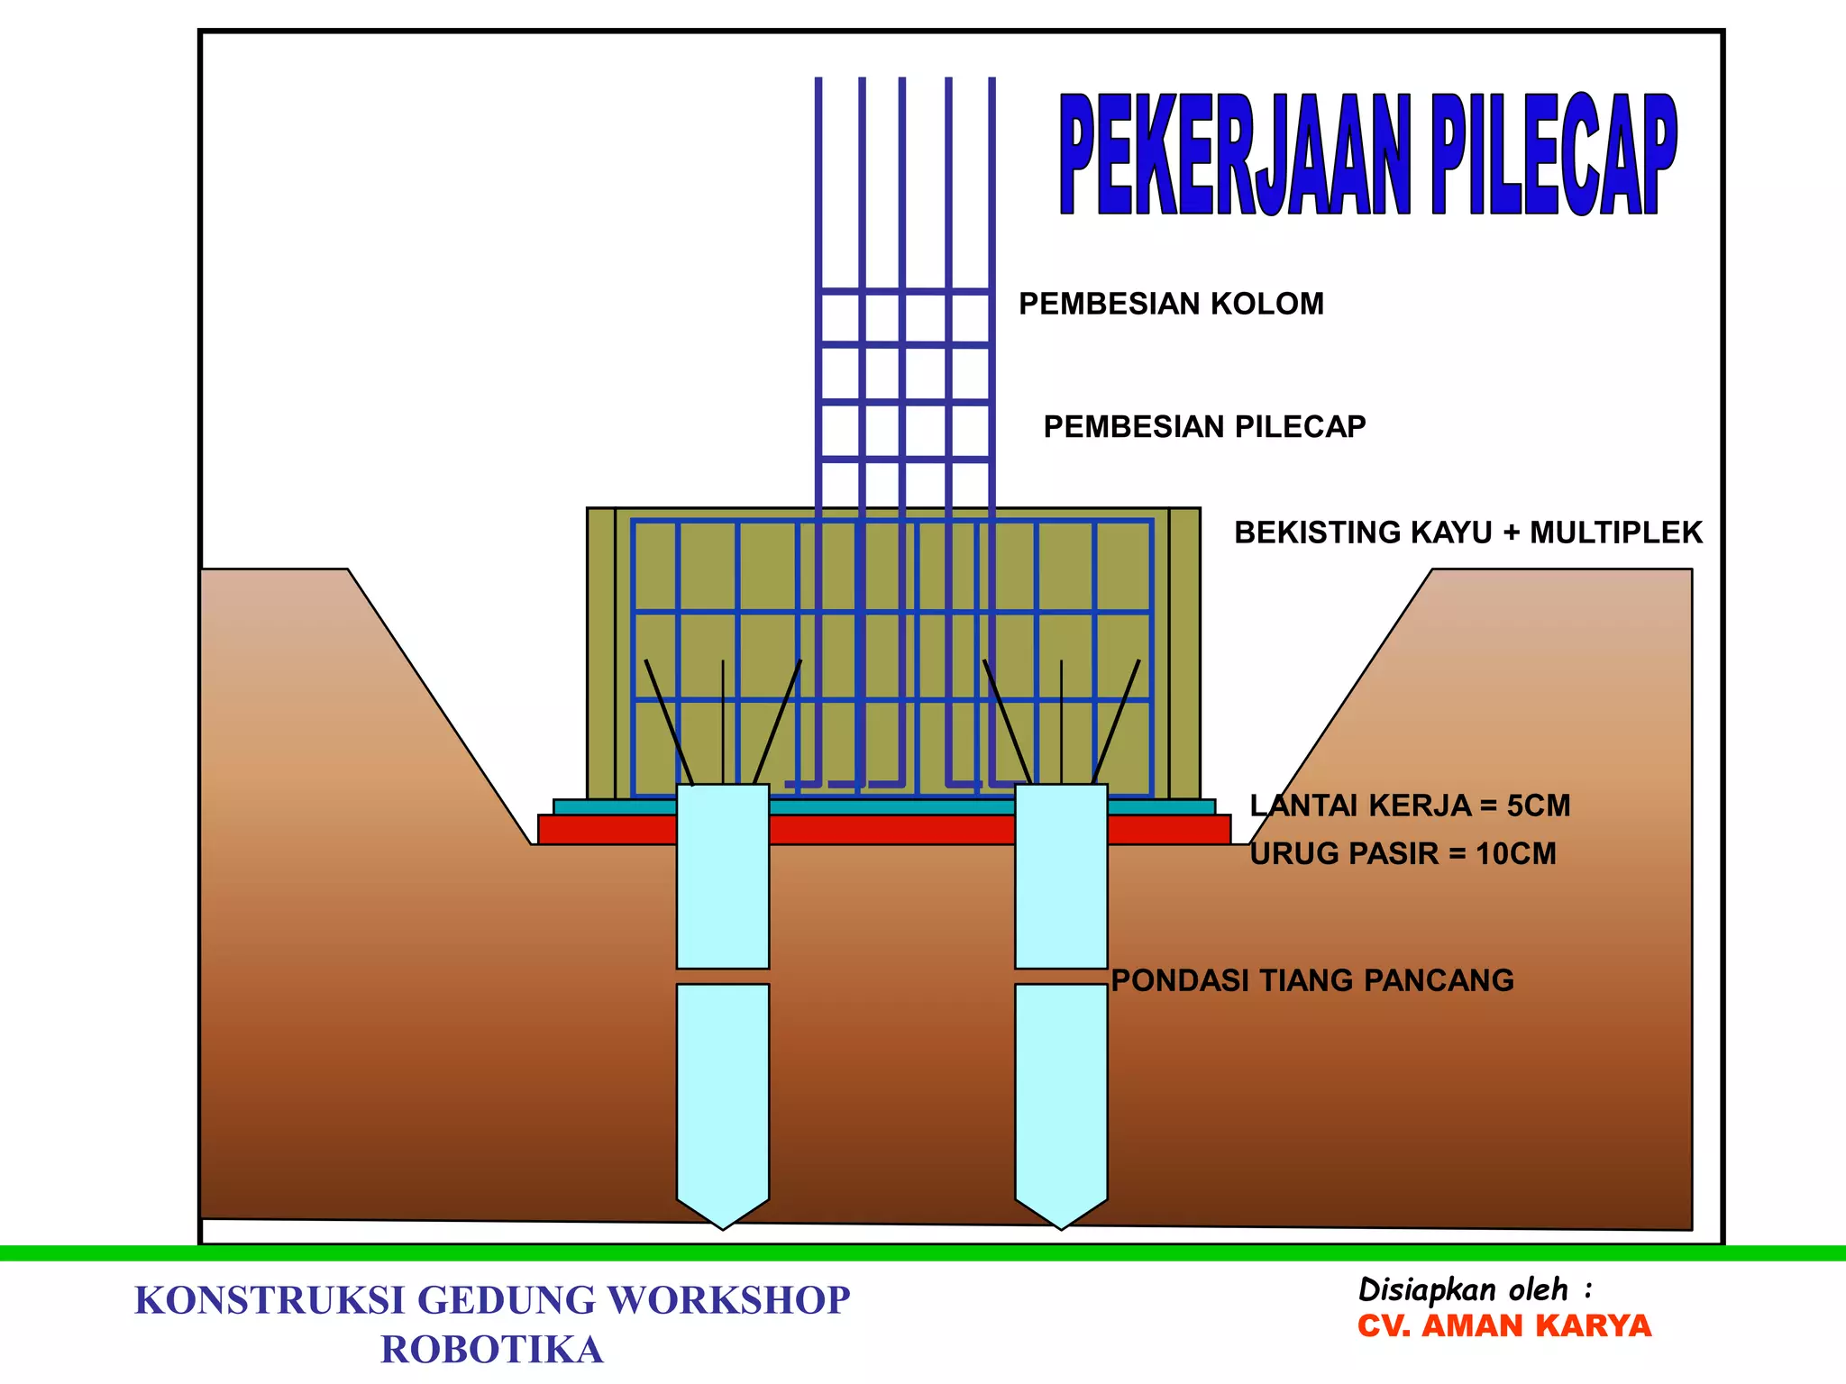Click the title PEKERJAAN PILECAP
point(1367,155)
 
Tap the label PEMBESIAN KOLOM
point(1171,305)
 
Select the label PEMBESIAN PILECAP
point(1204,427)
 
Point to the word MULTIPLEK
point(1615,533)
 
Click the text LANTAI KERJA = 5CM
point(1410,806)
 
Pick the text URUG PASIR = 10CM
point(1403,854)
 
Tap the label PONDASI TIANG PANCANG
point(1312,980)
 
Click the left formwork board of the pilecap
point(601,653)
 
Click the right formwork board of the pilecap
point(1184,653)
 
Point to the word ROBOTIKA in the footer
point(492,1350)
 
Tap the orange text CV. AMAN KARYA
point(1504,1326)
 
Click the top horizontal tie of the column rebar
point(905,291)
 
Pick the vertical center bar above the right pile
point(1061,721)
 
